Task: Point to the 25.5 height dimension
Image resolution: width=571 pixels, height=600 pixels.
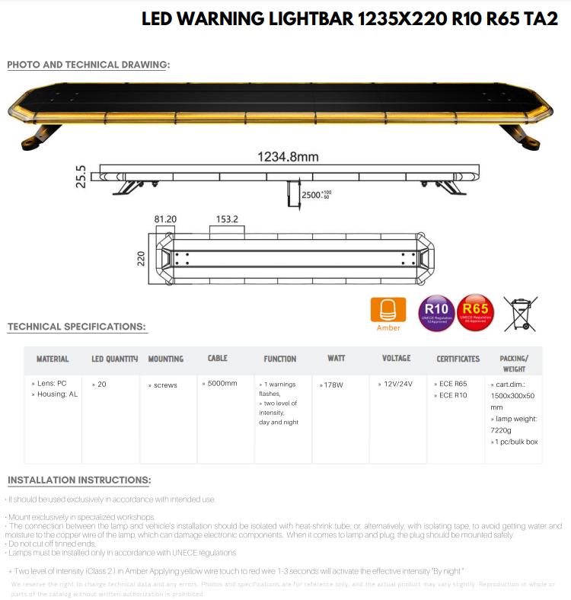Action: [81, 177]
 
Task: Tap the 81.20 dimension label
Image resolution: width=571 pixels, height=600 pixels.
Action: [165, 219]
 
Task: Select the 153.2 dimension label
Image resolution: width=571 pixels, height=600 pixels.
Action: [227, 219]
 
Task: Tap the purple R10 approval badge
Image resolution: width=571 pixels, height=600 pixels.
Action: [437, 314]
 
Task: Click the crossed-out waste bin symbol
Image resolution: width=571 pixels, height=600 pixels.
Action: [520, 313]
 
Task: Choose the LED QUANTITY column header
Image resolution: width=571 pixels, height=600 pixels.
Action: [114, 359]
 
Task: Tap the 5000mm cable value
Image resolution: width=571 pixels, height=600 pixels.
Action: [220, 383]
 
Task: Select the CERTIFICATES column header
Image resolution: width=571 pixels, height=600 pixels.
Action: [458, 359]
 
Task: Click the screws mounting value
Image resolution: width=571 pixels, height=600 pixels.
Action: [163, 385]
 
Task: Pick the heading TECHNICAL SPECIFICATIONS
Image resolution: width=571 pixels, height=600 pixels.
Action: [77, 327]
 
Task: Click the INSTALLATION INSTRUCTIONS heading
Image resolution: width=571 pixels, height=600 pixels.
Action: [79, 480]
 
